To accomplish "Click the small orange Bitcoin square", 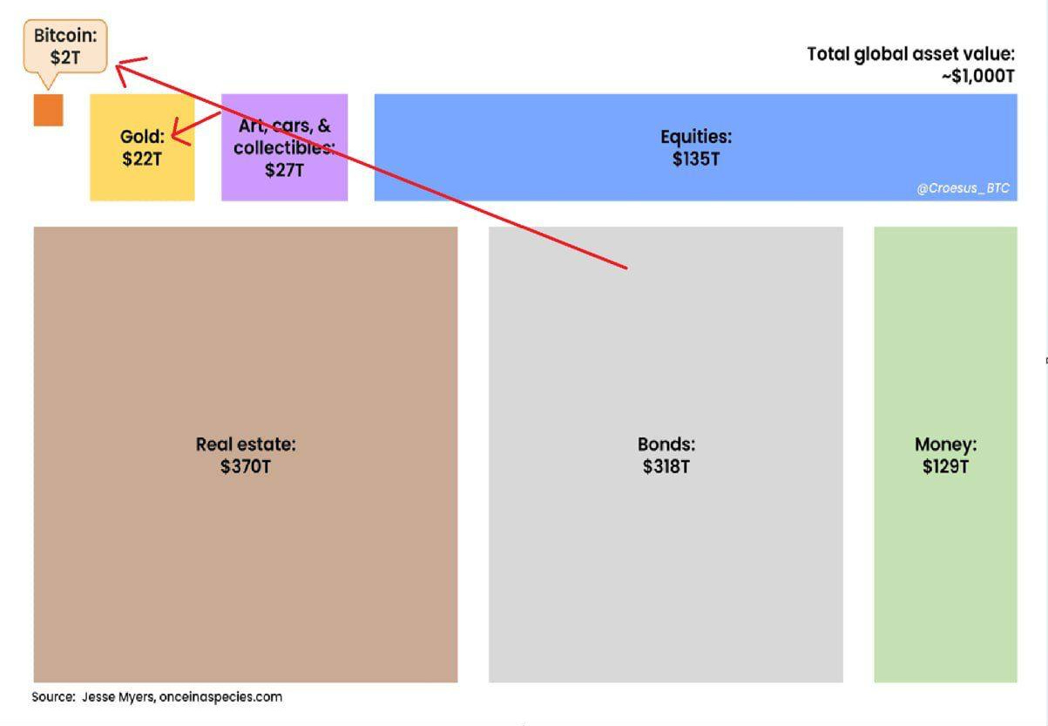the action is coord(49,110).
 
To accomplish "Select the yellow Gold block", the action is coord(142,174).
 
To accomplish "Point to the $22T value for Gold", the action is coord(141,159).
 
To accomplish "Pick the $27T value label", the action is coord(284,170).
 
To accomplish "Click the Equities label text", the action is coord(695,137).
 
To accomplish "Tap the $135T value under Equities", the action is coord(695,159).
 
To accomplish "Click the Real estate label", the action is coord(246,444).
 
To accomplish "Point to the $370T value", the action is coord(246,467).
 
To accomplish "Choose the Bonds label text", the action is coord(666,444).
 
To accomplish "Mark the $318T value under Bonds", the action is coord(666,467).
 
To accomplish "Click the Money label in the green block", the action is coord(945,444).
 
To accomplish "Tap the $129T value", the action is coord(945,467).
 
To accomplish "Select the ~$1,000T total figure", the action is coord(977,77).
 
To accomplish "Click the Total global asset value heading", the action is coord(910,54).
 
